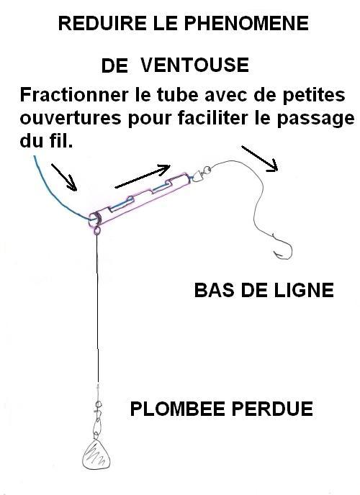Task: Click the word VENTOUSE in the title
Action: click(x=194, y=65)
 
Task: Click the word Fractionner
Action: click(x=74, y=95)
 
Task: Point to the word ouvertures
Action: click(x=71, y=118)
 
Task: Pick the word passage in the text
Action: click(x=315, y=119)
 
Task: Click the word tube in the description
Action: click(x=178, y=95)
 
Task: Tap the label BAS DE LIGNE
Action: click(x=264, y=290)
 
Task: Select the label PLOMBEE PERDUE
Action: click(x=221, y=409)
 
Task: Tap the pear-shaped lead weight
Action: click(x=96, y=455)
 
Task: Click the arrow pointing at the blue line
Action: click(x=64, y=178)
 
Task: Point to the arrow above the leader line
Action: click(x=260, y=158)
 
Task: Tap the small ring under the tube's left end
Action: click(x=96, y=231)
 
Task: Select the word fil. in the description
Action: click(x=61, y=141)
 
